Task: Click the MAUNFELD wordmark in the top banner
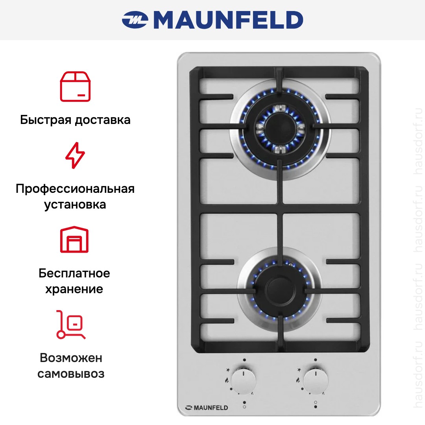(x=228, y=20)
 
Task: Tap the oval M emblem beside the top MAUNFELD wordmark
(x=135, y=20)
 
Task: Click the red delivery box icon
(x=75, y=87)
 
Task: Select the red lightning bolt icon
(x=75, y=155)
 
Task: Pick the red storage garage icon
(x=74, y=239)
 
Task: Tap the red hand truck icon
(x=71, y=324)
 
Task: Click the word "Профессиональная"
(x=75, y=188)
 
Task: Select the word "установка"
(x=75, y=205)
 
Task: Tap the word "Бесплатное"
(x=74, y=273)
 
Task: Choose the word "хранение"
(x=74, y=289)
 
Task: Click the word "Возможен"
(x=71, y=358)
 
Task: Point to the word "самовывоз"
(x=71, y=374)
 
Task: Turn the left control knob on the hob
(x=244, y=381)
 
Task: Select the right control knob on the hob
(x=316, y=380)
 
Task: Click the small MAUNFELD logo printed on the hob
(x=207, y=408)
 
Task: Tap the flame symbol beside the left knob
(x=227, y=380)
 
